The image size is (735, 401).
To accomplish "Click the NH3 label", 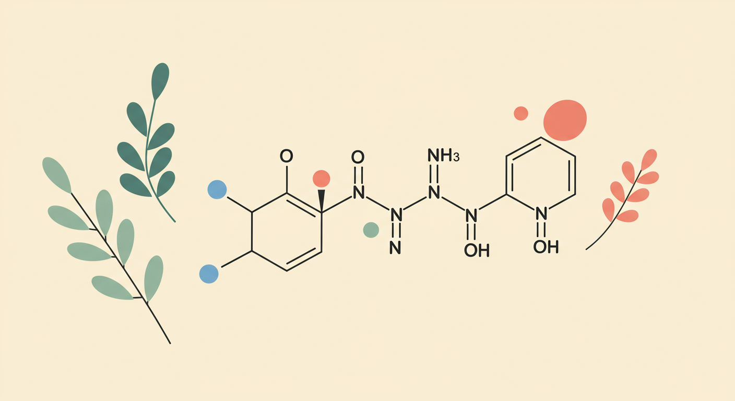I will click(442, 155).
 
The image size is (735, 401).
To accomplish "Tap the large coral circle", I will click(565, 120).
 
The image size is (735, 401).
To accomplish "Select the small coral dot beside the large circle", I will click(520, 113).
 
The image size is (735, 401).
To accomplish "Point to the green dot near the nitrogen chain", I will click(371, 230).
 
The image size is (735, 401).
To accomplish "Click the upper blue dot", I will click(217, 189).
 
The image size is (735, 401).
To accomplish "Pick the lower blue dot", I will click(209, 274).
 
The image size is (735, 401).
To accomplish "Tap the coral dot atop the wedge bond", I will click(321, 179).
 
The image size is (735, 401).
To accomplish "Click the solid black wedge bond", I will click(322, 199).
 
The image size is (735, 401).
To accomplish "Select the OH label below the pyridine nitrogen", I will click(546, 247).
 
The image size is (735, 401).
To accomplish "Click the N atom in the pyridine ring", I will click(541, 213).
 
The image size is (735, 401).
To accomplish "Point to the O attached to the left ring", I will click(286, 156).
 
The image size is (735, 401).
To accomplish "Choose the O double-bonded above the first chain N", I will click(358, 157).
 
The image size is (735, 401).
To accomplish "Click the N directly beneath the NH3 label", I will click(433, 193).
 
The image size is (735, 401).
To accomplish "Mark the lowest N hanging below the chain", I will click(396, 247).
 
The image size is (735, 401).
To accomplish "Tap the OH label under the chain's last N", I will click(476, 251).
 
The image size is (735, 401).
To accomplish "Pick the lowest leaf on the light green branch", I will click(111, 287).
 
